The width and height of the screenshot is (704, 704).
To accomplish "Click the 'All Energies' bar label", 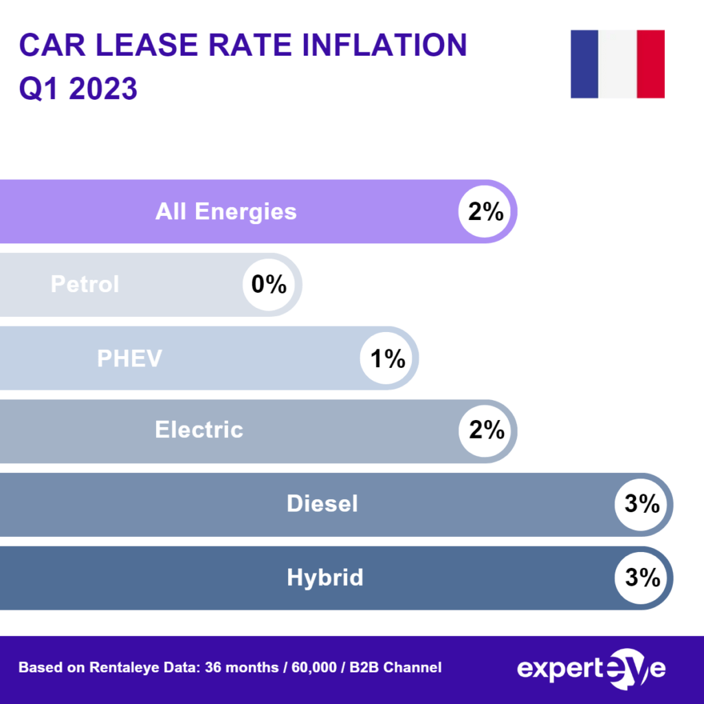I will pyautogui.click(x=225, y=211).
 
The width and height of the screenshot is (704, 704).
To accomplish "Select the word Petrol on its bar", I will pyautogui.click(x=85, y=284).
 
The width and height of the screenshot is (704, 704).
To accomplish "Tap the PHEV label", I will pyautogui.click(x=129, y=358).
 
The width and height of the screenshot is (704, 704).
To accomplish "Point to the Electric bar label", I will pyautogui.click(x=199, y=430).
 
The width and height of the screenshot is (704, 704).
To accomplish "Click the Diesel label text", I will pyautogui.click(x=322, y=504).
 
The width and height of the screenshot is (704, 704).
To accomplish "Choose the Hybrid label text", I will pyautogui.click(x=324, y=577).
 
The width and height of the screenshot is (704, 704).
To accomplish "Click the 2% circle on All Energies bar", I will pyautogui.click(x=486, y=211).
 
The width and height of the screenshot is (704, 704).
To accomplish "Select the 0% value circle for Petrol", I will pyautogui.click(x=269, y=284).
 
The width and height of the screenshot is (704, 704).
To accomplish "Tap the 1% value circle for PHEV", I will pyautogui.click(x=388, y=358).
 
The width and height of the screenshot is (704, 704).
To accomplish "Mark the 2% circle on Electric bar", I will pyautogui.click(x=486, y=430).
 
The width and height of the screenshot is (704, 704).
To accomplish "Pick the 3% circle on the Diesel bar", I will pyautogui.click(x=642, y=504).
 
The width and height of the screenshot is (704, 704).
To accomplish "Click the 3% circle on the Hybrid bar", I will pyautogui.click(x=642, y=577).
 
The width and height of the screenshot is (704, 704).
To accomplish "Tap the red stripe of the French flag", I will pyautogui.click(x=650, y=64).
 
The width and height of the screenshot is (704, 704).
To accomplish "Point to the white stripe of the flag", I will pyautogui.click(x=617, y=64).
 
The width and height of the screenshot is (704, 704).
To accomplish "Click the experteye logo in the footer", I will pyautogui.click(x=591, y=668).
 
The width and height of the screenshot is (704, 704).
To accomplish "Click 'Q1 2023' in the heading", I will pyautogui.click(x=78, y=89).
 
